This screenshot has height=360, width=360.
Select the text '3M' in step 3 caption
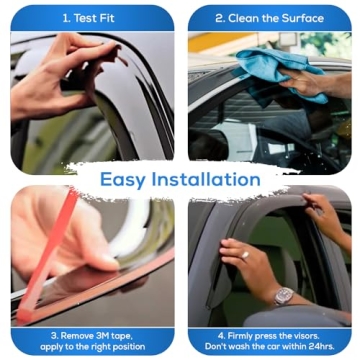click(x=94, y=336)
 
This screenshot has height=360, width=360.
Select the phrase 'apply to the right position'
click(x=91, y=349)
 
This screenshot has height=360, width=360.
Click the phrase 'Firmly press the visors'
click(x=269, y=336)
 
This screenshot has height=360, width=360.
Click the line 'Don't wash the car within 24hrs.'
click(x=269, y=349)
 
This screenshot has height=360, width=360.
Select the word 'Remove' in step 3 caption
click(x=64, y=336)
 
